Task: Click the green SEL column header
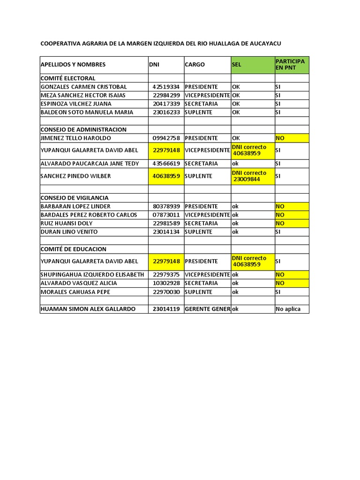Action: click(252, 65)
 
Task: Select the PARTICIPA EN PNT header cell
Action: click(292, 65)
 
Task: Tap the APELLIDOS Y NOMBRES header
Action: click(73, 65)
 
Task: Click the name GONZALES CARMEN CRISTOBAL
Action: click(84, 87)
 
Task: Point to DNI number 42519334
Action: click(166, 87)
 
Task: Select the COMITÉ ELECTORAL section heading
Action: click(68, 78)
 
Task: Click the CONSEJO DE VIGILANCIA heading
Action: click(75, 198)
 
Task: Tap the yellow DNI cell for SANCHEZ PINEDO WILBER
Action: click(166, 176)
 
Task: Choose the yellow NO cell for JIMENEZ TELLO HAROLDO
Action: click(292, 138)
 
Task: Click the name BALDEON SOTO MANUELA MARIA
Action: click(87, 112)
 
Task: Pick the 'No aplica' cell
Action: click(292, 309)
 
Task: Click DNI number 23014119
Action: click(166, 309)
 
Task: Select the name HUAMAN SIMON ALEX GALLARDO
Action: click(88, 309)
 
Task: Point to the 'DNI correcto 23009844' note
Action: click(252, 176)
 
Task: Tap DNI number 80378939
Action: click(166, 206)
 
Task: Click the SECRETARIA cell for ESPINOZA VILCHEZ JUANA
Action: click(202, 104)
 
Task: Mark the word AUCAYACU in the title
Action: click(263, 44)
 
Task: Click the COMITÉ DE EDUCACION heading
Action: click(74, 249)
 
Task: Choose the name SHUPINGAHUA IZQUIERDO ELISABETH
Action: click(92, 275)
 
